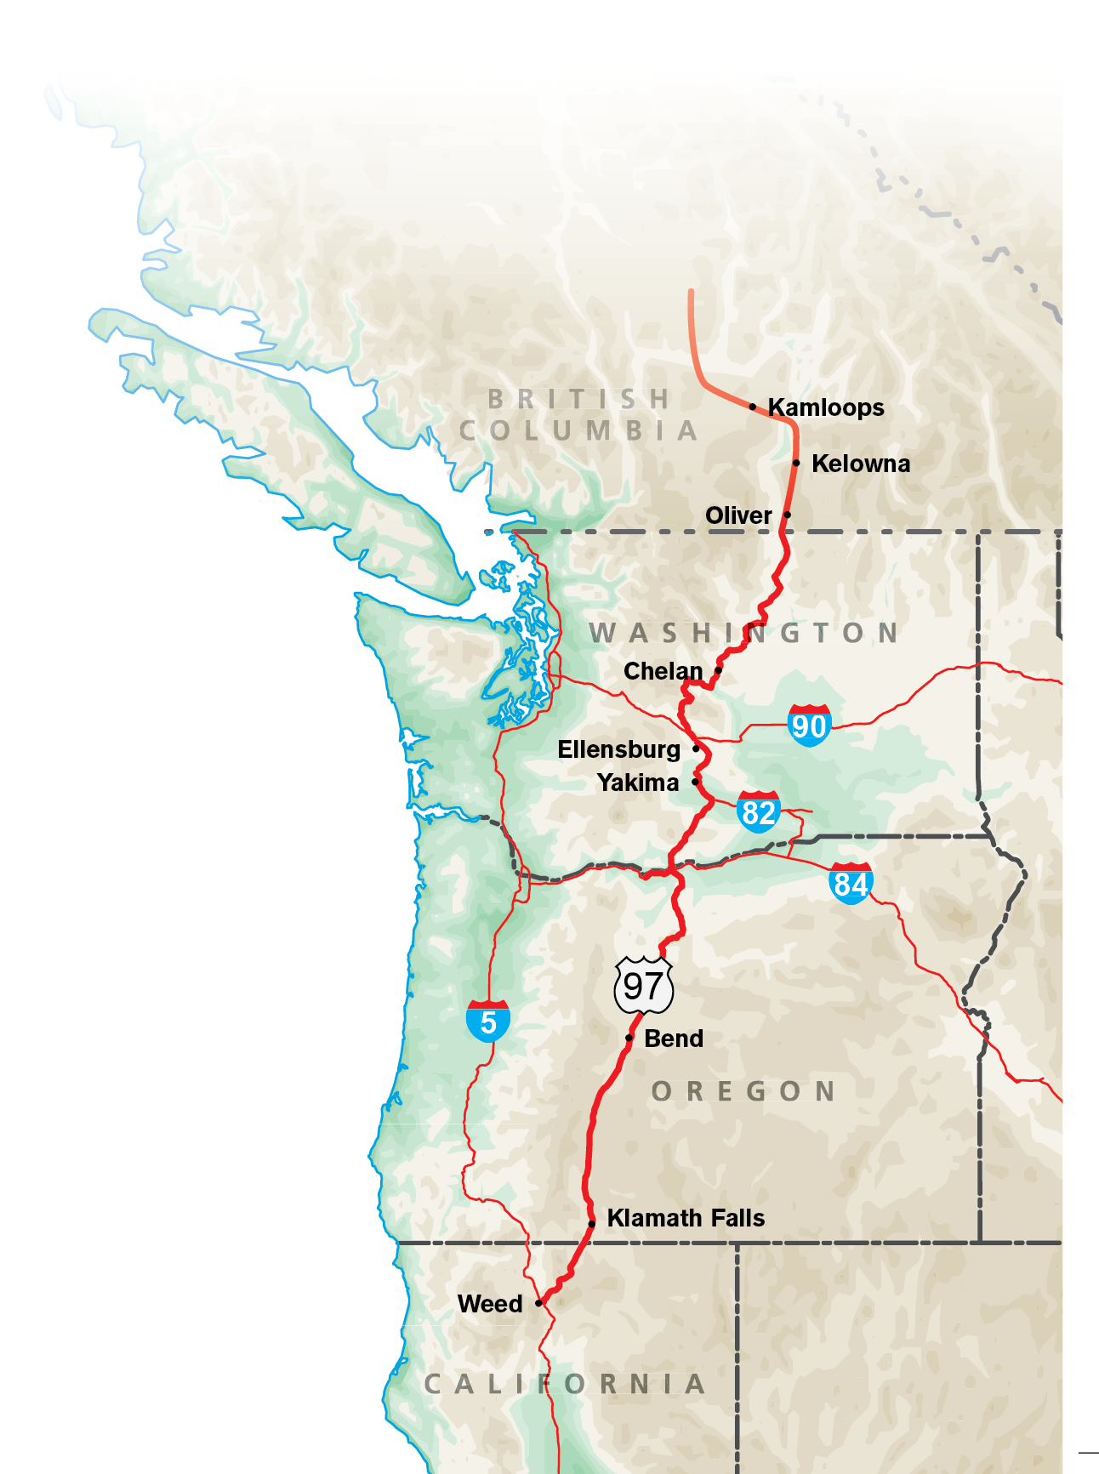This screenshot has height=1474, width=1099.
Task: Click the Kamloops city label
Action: [x=826, y=407]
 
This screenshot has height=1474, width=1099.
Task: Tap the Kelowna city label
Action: [x=861, y=464]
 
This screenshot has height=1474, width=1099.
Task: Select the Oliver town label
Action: [x=738, y=515]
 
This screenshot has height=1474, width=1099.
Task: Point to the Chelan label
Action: [x=663, y=671]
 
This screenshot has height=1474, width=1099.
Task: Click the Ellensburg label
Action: [x=618, y=749]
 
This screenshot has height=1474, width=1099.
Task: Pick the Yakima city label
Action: [x=637, y=783]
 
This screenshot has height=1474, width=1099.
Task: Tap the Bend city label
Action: [x=674, y=1039]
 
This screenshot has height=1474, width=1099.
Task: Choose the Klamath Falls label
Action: [x=686, y=1218]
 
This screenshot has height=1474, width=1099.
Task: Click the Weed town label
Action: [x=490, y=1304]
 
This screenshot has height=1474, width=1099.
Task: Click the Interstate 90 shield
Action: [x=809, y=726]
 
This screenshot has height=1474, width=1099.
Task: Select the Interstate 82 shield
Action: [x=758, y=811]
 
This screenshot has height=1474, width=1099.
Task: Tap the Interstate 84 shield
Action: [x=851, y=884]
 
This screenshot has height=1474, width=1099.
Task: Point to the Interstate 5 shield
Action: [x=488, y=1021]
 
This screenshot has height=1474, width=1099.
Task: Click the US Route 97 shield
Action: [x=644, y=986]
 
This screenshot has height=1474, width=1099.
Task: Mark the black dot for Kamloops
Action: [x=753, y=407]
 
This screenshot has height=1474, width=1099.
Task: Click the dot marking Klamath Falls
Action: [x=592, y=1224]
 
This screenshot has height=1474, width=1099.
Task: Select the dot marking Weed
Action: [x=538, y=1303]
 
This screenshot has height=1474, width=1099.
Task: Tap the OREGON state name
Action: [x=743, y=1091]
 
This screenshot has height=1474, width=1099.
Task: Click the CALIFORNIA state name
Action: [x=565, y=1384]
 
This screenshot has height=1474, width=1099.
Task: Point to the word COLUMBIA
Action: [x=578, y=430]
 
